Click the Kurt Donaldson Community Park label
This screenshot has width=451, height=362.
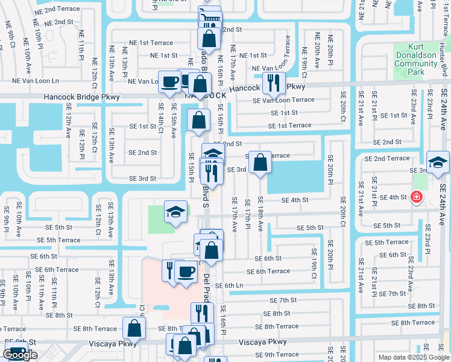tap(416, 59)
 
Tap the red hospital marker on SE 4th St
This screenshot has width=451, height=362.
tap(416, 197)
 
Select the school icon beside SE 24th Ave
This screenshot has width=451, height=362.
tap(438, 162)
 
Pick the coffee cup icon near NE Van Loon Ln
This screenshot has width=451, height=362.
tap(170, 81)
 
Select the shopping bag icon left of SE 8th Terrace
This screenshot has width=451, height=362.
tap(134, 328)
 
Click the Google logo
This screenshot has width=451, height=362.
tap(20, 355)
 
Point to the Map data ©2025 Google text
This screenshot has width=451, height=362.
tap(412, 357)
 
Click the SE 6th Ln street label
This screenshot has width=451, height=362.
tap(229, 285)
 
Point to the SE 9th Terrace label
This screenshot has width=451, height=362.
tap(277, 355)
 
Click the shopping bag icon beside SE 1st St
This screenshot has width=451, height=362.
tap(199, 120)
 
